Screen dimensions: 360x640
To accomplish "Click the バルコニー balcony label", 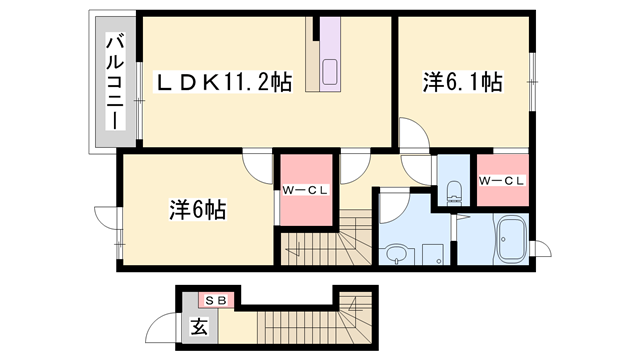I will pyautogui.click(x=114, y=81).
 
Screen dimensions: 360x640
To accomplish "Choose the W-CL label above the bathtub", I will pyautogui.click(x=502, y=181).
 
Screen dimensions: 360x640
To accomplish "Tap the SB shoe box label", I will pyautogui.click(x=217, y=300).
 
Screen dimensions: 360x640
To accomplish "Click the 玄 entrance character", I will pyautogui.click(x=199, y=327).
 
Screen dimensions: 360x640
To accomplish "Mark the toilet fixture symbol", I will pyautogui.click(x=453, y=189).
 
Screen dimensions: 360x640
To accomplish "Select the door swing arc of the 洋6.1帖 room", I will pyautogui.click(x=411, y=134).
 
